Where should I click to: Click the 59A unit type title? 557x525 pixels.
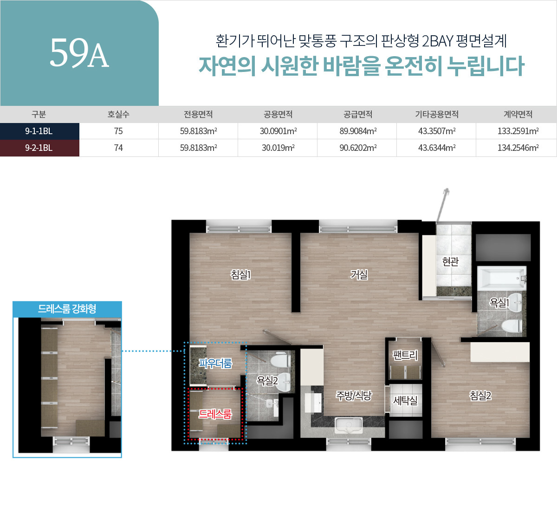point(79,53)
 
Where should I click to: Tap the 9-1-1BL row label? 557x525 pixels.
point(39,131)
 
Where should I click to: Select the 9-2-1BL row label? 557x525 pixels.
point(39,148)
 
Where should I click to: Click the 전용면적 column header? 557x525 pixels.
point(198,114)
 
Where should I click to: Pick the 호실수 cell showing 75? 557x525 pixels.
point(118,131)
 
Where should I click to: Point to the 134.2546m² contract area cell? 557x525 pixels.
point(518,148)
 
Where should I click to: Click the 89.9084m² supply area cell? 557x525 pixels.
point(358,131)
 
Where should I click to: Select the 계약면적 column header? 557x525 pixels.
point(518,114)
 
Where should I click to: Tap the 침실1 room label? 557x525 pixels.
point(240,275)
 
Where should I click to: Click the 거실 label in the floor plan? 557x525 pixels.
point(359,275)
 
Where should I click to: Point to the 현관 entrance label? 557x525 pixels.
point(450,262)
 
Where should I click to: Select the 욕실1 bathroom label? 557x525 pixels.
point(499,303)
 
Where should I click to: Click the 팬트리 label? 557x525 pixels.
point(405,355)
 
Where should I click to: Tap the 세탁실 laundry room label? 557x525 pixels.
point(405,400)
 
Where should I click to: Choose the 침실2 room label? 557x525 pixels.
point(480,395)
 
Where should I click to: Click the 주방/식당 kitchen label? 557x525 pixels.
point(354,395)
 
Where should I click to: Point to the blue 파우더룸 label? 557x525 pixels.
point(215,363)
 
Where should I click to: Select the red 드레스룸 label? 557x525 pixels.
point(214,414)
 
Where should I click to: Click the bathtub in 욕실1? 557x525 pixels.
point(501,278)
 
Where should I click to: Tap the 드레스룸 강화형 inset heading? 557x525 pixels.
point(67,309)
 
